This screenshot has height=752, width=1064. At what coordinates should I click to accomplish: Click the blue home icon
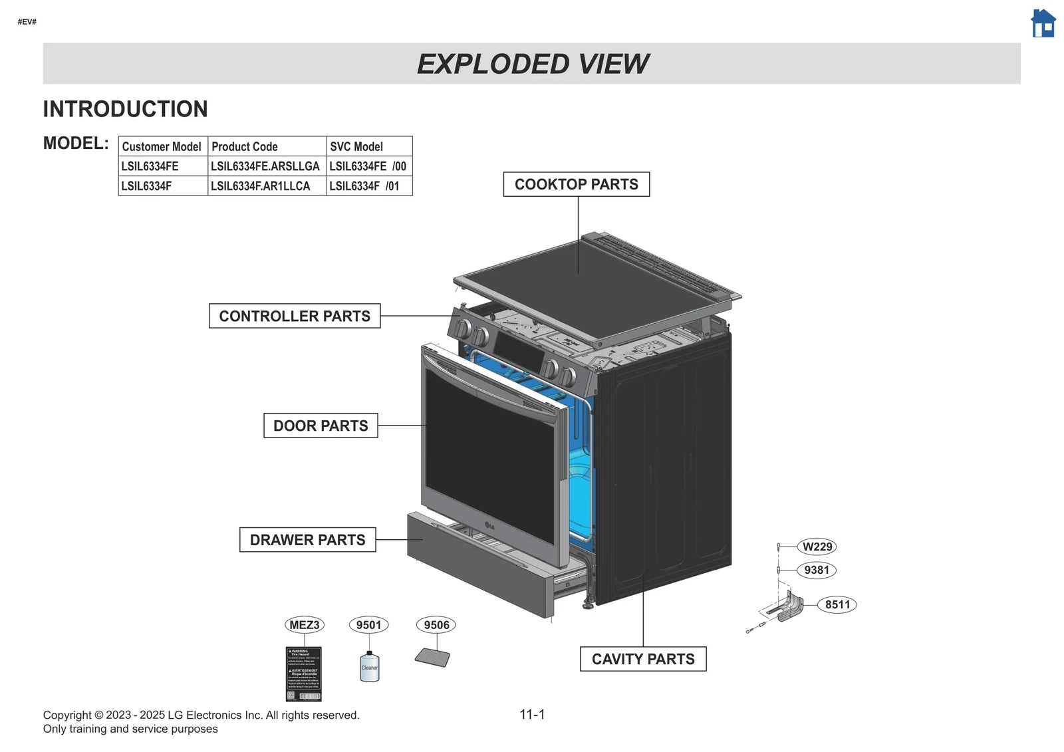pos(1043,23)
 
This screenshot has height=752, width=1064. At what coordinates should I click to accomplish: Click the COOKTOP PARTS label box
pos(577,184)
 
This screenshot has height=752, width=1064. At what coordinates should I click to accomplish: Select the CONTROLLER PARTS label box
pos(295,316)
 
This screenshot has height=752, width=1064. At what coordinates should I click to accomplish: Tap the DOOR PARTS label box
pos(321,426)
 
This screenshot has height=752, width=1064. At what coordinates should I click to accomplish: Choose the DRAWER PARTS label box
pos(307,540)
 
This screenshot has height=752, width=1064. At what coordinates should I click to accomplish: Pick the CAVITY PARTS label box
pos(643,659)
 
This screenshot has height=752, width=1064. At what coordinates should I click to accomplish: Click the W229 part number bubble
pos(817,547)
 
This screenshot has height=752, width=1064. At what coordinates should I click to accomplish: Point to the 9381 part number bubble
pos(816,570)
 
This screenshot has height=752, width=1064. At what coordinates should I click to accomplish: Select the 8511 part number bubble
pos(837,604)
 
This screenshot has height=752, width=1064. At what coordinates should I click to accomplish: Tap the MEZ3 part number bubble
pos(305,624)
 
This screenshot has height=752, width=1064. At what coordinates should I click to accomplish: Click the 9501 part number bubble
pos(368,624)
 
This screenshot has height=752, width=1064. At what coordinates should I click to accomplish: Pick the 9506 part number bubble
pos(436,624)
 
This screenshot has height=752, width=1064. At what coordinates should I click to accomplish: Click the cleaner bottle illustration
pos(370,667)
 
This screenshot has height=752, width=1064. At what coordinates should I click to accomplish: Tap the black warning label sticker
pos(304,674)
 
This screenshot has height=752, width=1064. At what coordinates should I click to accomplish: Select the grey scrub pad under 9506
pos(432,658)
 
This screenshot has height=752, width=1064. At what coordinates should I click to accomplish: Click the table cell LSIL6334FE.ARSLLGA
pos(265,166)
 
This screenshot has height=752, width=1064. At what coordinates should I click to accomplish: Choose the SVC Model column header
pos(356,146)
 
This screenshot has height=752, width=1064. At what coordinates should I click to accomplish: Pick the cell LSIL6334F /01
pos(364,186)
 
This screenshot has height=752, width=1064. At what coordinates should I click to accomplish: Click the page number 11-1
pos(532,715)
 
